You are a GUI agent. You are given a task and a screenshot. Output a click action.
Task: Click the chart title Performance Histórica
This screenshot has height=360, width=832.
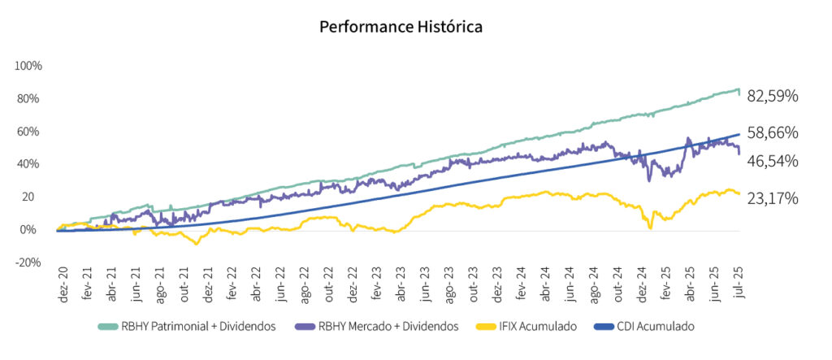pos(401,27)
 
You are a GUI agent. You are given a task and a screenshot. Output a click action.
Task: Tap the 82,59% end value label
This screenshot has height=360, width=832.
pos(772,96)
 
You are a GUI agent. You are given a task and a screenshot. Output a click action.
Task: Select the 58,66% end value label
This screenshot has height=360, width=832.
pos(772,132)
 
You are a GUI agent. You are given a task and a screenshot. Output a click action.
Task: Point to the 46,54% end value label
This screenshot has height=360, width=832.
pos(772,161)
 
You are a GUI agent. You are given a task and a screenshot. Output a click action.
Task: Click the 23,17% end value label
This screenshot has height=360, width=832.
pos(772,198)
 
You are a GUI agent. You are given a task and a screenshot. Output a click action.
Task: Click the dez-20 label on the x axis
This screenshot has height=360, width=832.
pos(62,282)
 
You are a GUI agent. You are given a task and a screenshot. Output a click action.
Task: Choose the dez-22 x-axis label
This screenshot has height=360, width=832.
pos(352,282)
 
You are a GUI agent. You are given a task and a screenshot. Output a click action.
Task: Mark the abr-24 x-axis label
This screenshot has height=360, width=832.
pos(545,282)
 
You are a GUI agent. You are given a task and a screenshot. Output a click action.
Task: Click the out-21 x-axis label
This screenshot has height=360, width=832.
pos(184,282)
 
